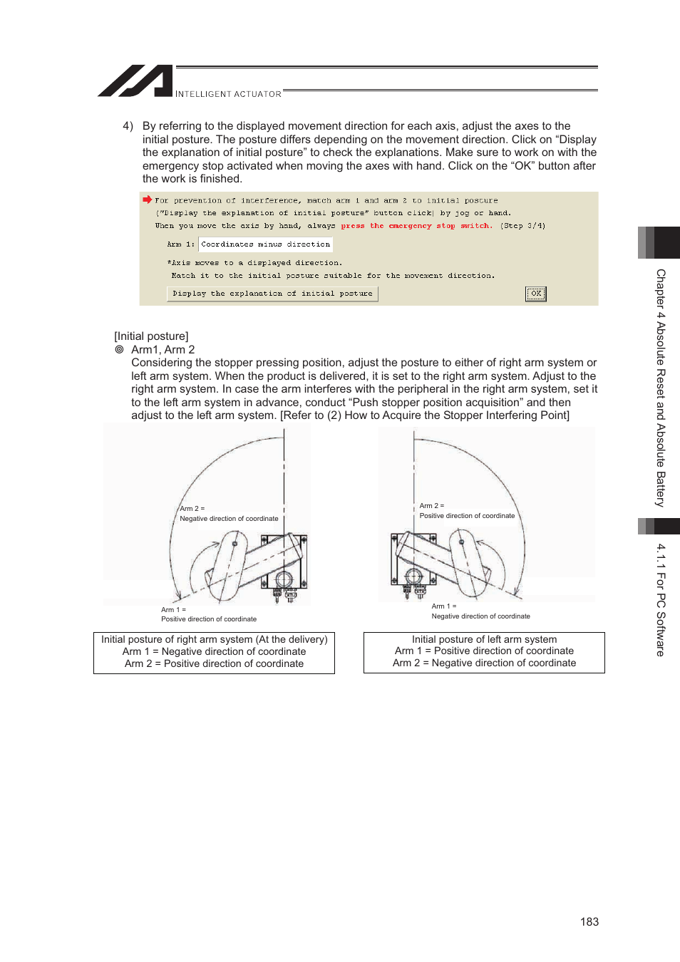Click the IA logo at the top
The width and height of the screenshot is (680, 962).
coord(135,81)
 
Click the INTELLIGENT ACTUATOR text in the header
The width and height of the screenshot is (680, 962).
coord(228,94)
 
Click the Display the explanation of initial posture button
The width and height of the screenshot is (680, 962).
coord(272,294)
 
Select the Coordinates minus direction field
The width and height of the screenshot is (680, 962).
coord(265,244)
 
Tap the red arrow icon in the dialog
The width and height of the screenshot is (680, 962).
coord(148,200)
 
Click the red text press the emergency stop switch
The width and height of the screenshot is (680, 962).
coord(416,226)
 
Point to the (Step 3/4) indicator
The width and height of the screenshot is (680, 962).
coord(522,226)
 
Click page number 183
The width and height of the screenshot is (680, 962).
coord(589,921)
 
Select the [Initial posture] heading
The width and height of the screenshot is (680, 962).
coord(151,336)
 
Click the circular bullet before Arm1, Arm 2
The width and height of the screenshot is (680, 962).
coord(120,350)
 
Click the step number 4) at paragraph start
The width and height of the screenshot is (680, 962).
coord(128,126)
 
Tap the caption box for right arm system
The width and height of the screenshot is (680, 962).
coord(214,652)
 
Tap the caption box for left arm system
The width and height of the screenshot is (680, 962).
coord(484,652)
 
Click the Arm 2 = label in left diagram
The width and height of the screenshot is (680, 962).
coord(192,509)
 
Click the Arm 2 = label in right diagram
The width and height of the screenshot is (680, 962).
coord(432,506)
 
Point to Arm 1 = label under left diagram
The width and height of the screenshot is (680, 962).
coord(173,610)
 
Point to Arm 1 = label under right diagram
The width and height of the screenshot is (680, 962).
coord(444,606)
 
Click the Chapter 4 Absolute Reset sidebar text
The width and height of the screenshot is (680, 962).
coord(661,388)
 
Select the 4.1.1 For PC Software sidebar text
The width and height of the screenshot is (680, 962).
coord(661,599)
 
